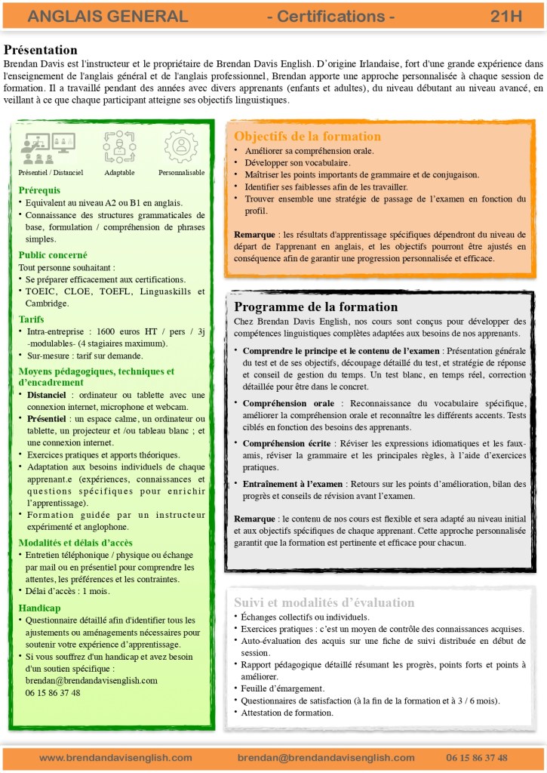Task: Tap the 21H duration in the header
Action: coord(506,17)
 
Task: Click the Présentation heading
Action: coord(41,50)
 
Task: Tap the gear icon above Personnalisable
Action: coord(181,147)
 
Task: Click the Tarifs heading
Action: coord(31,319)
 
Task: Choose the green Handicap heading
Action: coord(39,608)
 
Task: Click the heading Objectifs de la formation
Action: coord(307,137)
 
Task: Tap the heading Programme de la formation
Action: coord(315,307)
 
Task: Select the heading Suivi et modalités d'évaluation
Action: coord(324,602)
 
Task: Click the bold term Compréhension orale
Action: coord(289,404)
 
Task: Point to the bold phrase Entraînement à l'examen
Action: coord(293,484)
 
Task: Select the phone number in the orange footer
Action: coord(476,757)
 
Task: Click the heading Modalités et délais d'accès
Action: coord(75,543)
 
